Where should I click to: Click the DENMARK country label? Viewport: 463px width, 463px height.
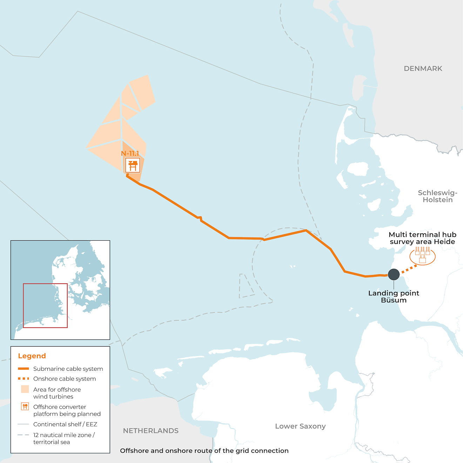point(423,69)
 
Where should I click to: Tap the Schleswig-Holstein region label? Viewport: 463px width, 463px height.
point(437,196)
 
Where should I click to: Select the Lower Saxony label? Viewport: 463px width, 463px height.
point(300,426)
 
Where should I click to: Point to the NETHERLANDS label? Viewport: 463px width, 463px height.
point(150,431)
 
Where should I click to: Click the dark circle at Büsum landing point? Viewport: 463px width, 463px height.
point(394,274)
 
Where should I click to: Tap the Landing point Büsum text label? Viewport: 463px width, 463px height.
point(394,297)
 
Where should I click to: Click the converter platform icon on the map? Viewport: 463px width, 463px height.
point(133,165)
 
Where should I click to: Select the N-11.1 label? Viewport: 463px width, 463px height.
point(130,153)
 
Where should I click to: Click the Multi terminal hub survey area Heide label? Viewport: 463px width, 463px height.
point(422,238)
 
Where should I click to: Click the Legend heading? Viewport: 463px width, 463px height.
point(32,356)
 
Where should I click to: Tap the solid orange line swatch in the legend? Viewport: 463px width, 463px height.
point(24,369)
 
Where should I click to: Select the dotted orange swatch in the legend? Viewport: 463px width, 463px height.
point(24,379)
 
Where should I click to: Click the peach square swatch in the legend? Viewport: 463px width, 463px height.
point(25,389)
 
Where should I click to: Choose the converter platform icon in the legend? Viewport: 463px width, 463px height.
point(25,407)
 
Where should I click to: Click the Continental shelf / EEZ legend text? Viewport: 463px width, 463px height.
point(65,424)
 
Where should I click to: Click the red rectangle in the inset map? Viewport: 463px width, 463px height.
point(45,306)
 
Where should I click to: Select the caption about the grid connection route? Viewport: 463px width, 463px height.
point(204,451)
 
